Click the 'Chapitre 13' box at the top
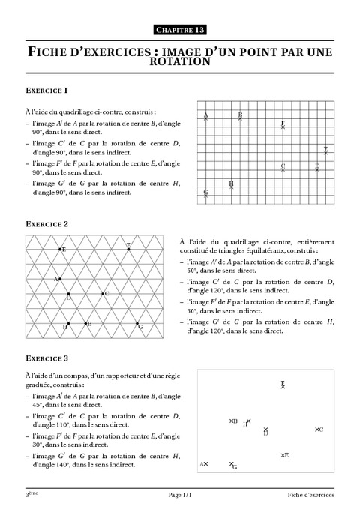(x=179, y=29)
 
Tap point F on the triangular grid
(x=128, y=249)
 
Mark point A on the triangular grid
(x=61, y=279)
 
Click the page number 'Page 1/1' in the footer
(x=179, y=496)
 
